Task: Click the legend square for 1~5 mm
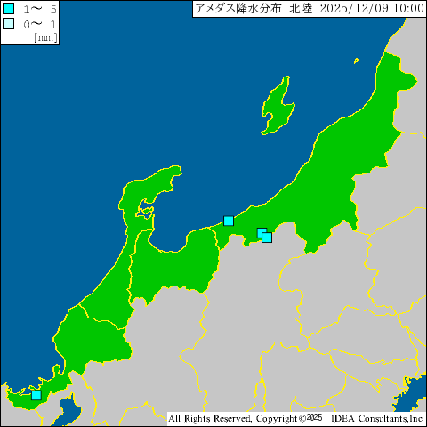coord(9,8)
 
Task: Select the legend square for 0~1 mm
coord(9,23)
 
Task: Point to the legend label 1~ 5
coord(39,8)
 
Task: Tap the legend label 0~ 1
coord(39,23)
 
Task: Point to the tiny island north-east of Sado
coord(356,60)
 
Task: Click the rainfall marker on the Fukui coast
coord(36,395)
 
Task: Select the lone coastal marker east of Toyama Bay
coord(229,221)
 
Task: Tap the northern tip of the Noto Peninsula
coord(169,169)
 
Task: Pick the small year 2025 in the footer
coord(312,416)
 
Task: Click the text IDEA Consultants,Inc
coord(378,417)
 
